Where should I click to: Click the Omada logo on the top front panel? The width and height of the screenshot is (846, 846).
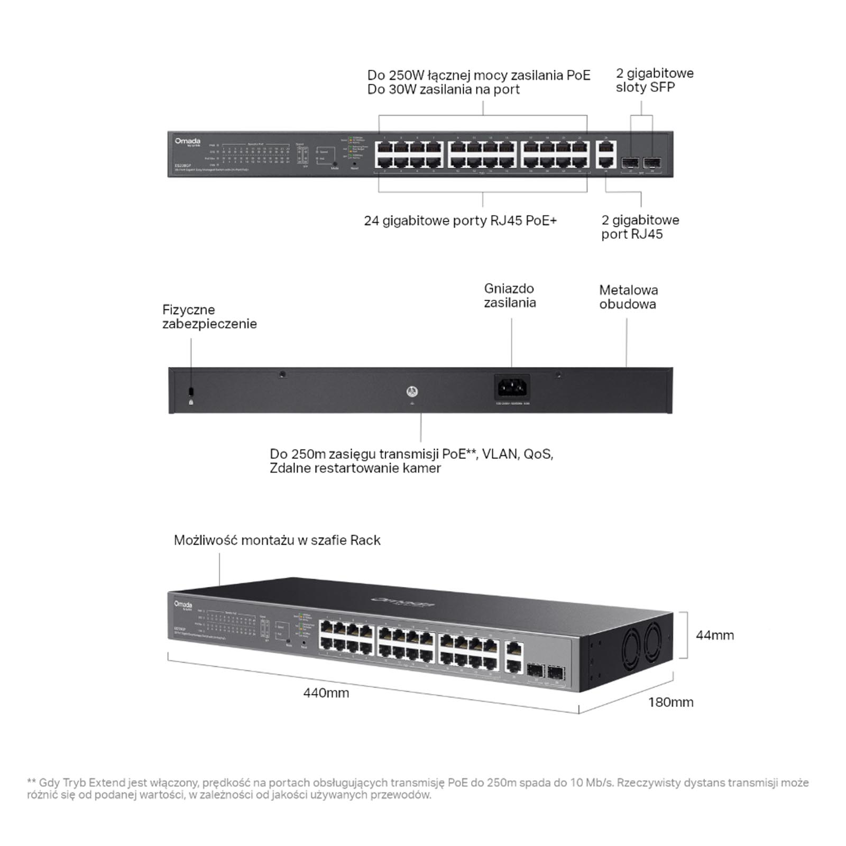point(188,141)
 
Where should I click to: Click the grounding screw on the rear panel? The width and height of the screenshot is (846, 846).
point(412,392)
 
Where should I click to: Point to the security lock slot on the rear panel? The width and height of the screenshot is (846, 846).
point(191,391)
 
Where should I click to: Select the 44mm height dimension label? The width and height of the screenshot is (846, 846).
point(715,635)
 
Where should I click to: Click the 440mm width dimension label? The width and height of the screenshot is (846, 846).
point(326,693)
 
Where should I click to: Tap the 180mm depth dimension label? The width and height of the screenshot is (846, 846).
point(670,702)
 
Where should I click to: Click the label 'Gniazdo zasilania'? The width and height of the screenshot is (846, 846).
point(510,296)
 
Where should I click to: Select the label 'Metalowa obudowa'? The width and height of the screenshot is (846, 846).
point(628,297)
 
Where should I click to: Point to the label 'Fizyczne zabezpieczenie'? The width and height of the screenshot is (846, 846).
point(209,317)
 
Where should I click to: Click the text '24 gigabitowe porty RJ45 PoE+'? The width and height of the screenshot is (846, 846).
point(460,220)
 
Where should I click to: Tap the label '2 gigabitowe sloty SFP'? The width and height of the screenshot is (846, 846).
point(654,80)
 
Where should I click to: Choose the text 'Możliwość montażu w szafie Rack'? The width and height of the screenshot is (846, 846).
point(277,540)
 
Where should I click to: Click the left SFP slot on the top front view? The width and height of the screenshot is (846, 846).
point(630,161)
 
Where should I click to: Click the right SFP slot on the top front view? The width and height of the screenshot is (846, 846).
point(652,161)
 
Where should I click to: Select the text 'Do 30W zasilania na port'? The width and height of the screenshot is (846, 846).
point(443,89)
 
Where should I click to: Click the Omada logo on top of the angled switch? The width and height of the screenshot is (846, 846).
point(403,602)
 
